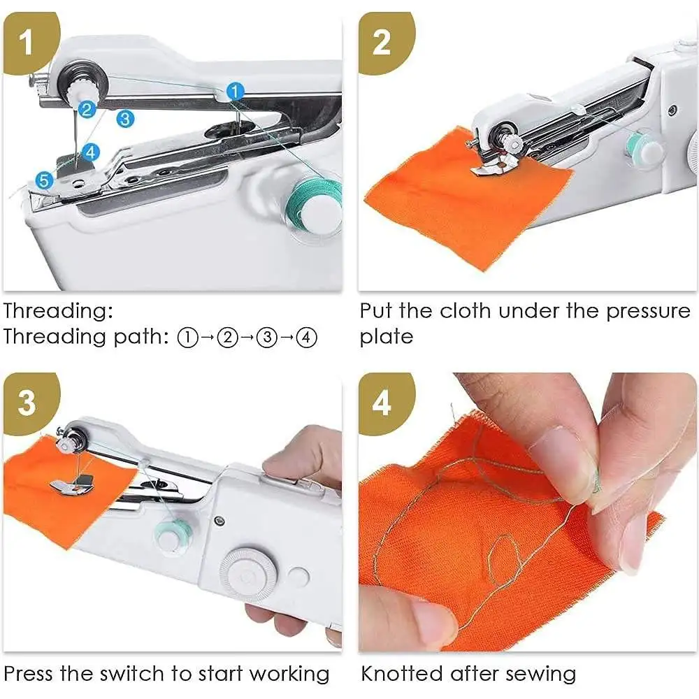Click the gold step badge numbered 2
pyautogui.click(x=381, y=42)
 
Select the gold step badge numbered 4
pyautogui.click(x=381, y=403)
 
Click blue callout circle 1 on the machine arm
pyautogui.click(x=236, y=90)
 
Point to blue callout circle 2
pyautogui.click(x=87, y=108)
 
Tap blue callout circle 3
pyautogui.click(x=125, y=118)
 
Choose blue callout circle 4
pyautogui.click(x=91, y=151)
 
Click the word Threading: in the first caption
pyautogui.click(x=57, y=311)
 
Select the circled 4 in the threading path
pyautogui.click(x=306, y=338)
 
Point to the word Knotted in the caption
pyautogui.click(x=403, y=675)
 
